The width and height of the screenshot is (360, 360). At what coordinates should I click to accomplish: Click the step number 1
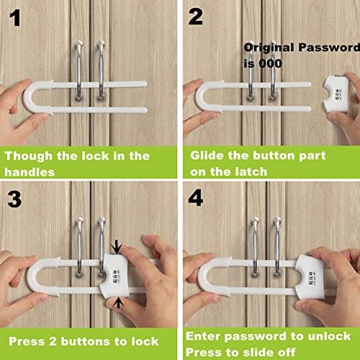tap(15, 18)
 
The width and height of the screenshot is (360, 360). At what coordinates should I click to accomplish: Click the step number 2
tap(195, 17)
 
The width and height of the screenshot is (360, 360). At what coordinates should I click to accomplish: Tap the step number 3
tap(14, 199)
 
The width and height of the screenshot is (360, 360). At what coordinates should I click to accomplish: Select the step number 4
tap(196, 198)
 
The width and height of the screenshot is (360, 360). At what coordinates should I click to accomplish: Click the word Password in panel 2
tap(329, 48)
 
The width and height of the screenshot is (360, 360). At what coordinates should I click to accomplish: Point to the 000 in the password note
tap(271, 63)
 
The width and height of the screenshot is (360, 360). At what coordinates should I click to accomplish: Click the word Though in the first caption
tap(28, 156)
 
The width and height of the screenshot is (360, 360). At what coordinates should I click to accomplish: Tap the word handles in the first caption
tap(30, 172)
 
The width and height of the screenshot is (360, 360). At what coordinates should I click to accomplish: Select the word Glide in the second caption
tap(207, 156)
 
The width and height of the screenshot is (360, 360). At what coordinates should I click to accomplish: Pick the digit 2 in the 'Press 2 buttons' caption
tap(53, 341)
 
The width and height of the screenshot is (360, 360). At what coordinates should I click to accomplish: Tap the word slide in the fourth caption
tap(259, 352)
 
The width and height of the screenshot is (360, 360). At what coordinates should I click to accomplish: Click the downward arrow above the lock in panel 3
tap(117, 247)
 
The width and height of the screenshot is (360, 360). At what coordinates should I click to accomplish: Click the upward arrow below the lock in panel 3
tap(119, 302)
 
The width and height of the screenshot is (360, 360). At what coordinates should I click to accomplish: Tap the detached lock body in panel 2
tap(336, 94)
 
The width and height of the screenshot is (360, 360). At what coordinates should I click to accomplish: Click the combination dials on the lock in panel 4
tap(312, 279)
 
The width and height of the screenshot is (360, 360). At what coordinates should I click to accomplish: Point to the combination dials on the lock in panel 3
tap(117, 276)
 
